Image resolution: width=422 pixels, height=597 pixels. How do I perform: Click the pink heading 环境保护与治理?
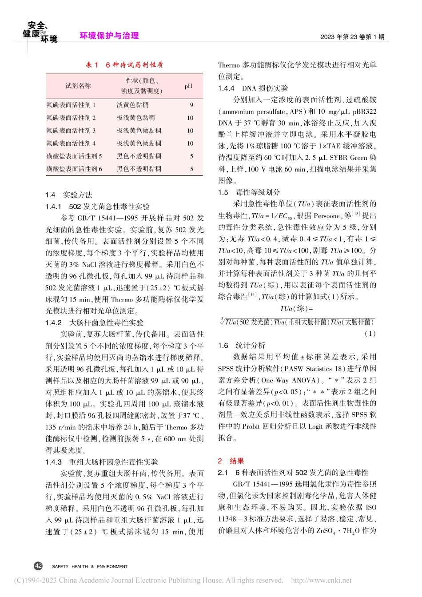point(109,36)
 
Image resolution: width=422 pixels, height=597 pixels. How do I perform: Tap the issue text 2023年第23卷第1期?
point(352,37)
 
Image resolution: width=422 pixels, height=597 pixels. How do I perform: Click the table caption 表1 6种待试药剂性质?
point(124,65)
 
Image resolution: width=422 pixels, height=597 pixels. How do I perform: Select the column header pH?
point(188,86)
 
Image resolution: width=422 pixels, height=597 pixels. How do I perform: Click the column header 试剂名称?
point(78,86)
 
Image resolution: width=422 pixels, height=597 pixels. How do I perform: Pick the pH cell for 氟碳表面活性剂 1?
point(191,105)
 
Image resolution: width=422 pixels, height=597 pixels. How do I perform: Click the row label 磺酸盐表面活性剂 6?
point(74,169)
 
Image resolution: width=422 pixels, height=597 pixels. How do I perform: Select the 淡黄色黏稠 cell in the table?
point(132,105)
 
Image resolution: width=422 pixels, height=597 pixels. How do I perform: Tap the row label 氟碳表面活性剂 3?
point(71,131)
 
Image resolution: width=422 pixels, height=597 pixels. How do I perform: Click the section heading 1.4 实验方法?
point(69,195)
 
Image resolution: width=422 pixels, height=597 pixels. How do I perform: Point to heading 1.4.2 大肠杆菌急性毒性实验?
point(94,322)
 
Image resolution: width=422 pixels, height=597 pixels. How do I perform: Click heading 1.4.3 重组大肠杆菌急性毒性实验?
point(102,462)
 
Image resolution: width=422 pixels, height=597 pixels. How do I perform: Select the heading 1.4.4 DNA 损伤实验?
point(253,88)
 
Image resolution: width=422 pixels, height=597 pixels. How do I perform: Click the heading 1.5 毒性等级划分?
point(249,192)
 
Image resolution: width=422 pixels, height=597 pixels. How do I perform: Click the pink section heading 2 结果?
point(231,461)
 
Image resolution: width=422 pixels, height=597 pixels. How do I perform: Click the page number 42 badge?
point(38,566)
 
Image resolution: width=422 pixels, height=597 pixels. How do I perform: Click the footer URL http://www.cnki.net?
point(321,580)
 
